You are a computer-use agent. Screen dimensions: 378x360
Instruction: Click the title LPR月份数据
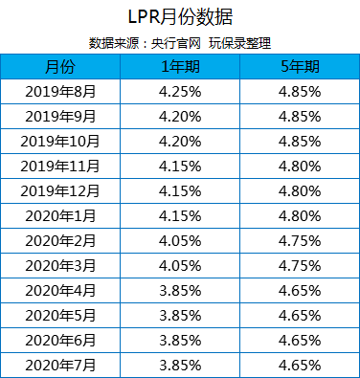click(x=179, y=18)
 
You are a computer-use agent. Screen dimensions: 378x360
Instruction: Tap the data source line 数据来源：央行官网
click(x=130, y=42)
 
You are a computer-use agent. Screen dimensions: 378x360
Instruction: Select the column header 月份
click(x=58, y=66)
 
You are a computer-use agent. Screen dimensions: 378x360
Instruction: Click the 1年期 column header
click(x=179, y=66)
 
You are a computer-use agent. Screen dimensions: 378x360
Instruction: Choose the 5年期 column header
click(x=300, y=66)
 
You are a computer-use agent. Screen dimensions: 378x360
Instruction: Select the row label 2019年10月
click(x=58, y=141)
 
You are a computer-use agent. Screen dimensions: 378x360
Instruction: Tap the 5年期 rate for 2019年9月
click(x=300, y=116)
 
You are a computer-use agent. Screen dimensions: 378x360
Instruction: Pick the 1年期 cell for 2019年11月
click(x=179, y=166)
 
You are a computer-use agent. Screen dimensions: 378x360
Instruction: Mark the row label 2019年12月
click(x=58, y=190)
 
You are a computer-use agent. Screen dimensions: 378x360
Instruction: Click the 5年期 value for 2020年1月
click(x=300, y=215)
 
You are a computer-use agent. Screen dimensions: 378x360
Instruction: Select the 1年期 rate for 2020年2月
click(x=179, y=240)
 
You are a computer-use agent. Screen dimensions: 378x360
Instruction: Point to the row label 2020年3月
click(x=58, y=265)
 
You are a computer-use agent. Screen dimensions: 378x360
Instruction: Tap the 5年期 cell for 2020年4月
click(x=300, y=290)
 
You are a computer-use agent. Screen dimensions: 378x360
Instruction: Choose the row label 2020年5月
click(x=58, y=315)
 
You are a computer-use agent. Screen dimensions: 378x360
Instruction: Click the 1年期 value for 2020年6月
click(x=179, y=340)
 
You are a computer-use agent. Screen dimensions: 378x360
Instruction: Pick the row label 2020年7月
click(x=58, y=365)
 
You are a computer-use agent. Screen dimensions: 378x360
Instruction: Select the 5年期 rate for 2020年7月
click(x=300, y=365)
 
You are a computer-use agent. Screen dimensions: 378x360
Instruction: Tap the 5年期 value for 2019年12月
click(x=300, y=190)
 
